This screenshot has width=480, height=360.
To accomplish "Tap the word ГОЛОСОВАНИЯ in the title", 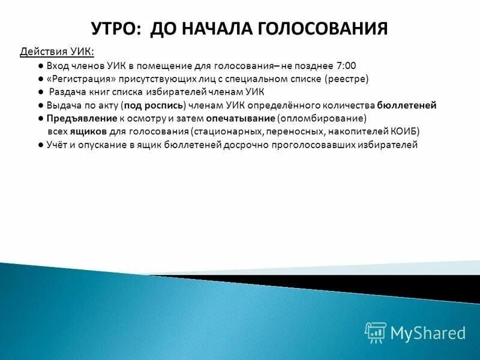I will [x=322, y=28].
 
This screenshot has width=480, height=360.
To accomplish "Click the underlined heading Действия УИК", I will [x=57, y=51].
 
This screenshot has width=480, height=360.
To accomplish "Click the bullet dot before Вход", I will [x=38, y=65].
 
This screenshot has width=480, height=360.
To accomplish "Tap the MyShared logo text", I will [x=428, y=332].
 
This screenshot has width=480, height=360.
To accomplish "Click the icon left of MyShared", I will [x=376, y=332].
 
